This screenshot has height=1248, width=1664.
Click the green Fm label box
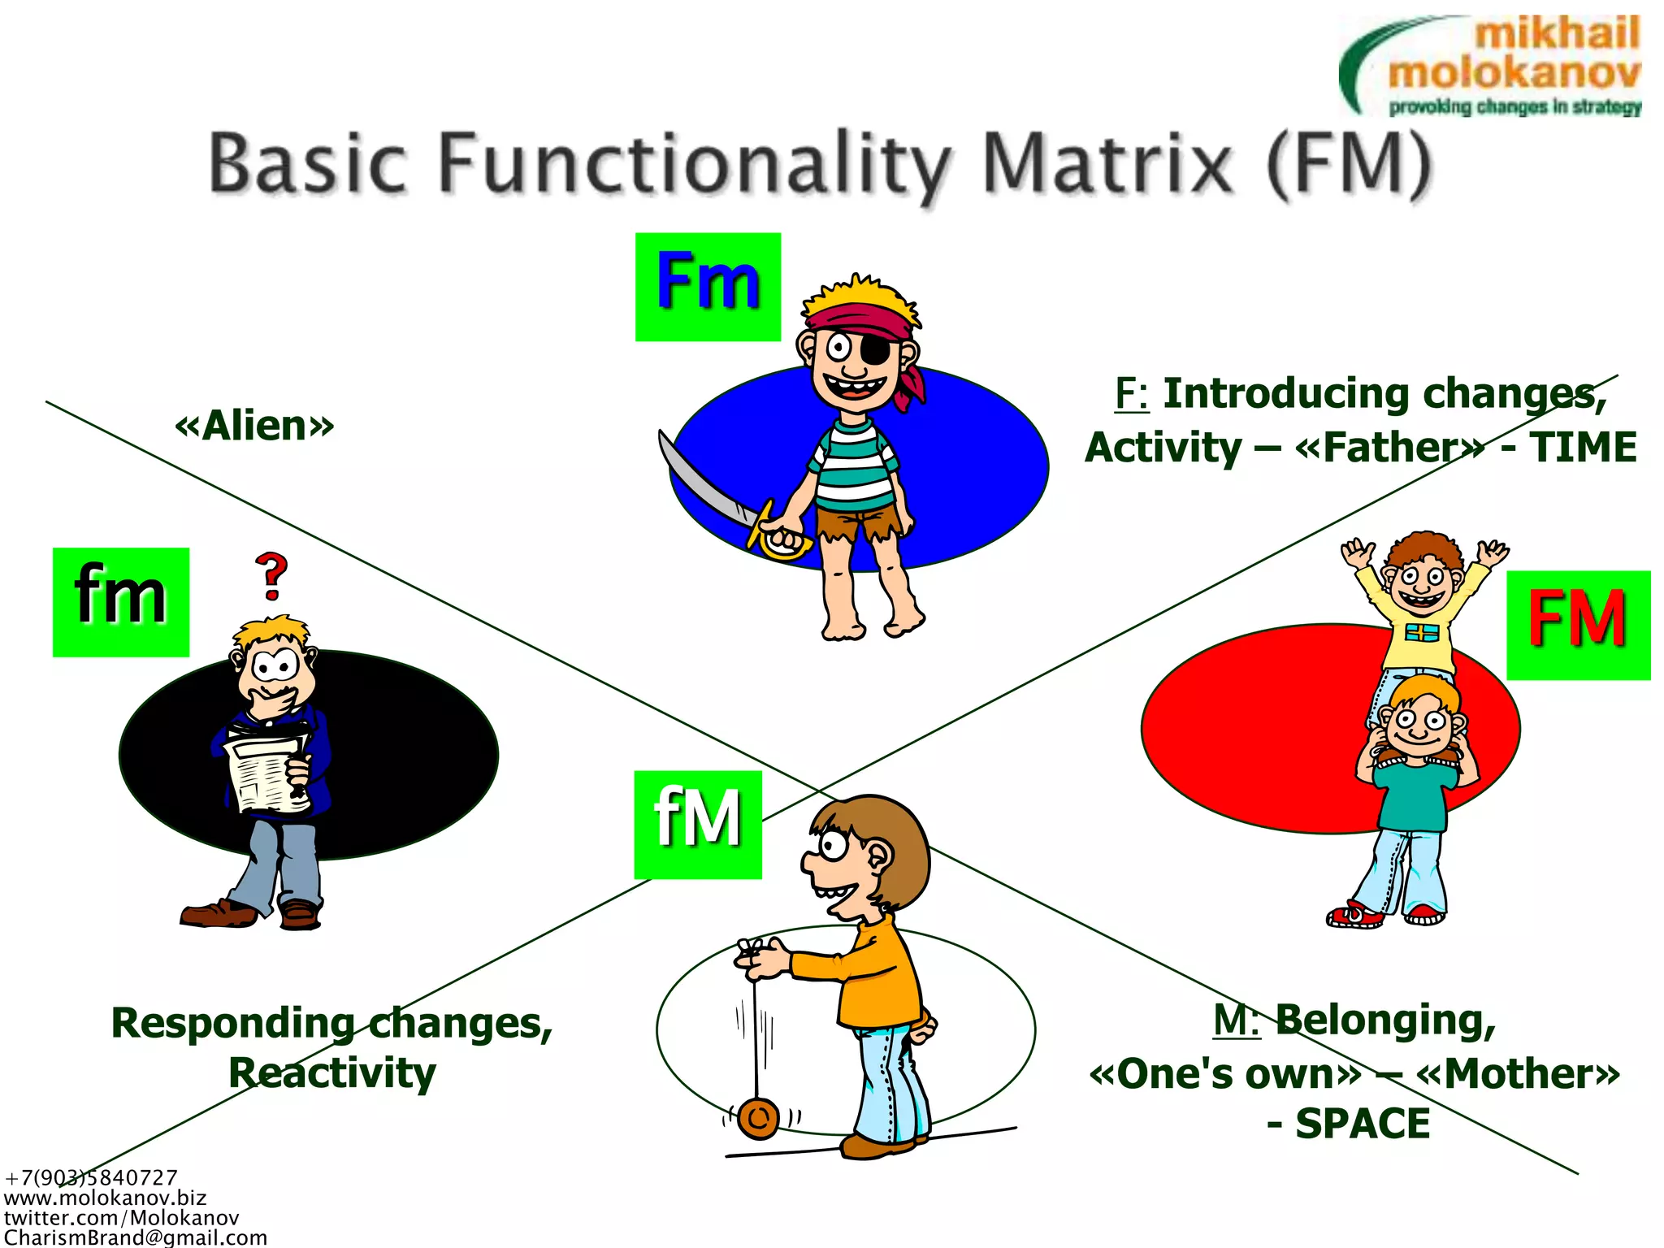coord(708,287)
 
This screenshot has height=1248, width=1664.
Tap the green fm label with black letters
coord(121,601)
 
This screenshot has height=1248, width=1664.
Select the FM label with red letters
coord(1578,625)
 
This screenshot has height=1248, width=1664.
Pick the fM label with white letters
coord(698,824)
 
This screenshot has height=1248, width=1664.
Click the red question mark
coord(272,575)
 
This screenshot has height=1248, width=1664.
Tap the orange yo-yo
coord(759,1118)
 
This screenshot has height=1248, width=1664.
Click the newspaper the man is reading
coord(268,772)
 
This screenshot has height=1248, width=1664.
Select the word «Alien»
coord(254,426)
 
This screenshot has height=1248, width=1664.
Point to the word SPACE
coord(1363,1124)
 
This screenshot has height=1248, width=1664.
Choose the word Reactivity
coord(332,1072)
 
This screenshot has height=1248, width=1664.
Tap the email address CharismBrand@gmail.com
coord(136,1237)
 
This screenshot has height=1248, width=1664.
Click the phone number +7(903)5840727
coord(91,1177)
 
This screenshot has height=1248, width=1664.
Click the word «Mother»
coord(1517,1074)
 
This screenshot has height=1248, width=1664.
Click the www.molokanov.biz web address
coord(106,1198)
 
